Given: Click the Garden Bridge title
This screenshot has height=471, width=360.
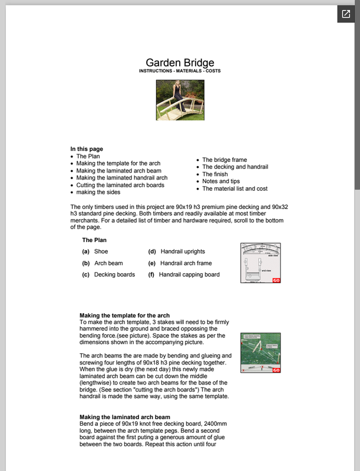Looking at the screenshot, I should tap(180, 62).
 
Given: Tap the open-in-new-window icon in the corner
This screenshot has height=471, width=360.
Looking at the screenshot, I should tap(346, 14).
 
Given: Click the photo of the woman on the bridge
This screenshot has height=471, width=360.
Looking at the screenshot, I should tap(180, 101).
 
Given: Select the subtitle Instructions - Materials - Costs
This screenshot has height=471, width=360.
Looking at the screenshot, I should tap(180, 71).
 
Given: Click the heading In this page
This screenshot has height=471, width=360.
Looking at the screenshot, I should tap(87, 149).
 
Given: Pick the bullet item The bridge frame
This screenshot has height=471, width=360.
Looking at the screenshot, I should tap(224, 160).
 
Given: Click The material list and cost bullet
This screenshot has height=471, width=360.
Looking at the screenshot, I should tap(235, 189).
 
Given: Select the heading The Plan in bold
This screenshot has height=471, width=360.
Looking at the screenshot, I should tap(94, 240).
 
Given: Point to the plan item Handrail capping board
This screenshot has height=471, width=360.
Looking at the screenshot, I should tap(189, 274).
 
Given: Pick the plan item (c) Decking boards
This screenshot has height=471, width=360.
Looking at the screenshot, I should tap(114, 274).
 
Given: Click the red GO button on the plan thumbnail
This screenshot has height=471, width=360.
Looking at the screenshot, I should tap(276, 280).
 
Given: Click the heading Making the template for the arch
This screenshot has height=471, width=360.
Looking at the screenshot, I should tap(124, 316).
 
